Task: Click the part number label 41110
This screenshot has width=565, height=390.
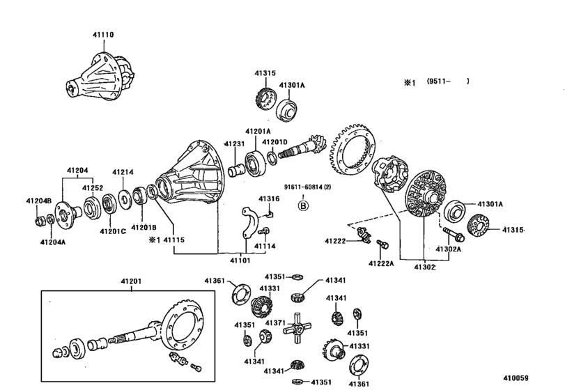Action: (x=103, y=35)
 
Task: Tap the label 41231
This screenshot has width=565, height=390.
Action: (x=235, y=143)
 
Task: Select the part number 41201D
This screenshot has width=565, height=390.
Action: (x=275, y=142)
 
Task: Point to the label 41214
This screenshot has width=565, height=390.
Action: (x=123, y=172)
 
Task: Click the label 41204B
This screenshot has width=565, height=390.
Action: (x=38, y=201)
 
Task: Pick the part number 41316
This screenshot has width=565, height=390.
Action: (x=269, y=198)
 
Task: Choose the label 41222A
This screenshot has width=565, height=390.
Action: (x=381, y=264)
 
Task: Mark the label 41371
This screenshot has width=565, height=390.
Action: (x=275, y=323)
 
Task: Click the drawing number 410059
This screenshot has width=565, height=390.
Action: (x=516, y=378)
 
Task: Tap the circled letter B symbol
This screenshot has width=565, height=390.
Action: (x=303, y=205)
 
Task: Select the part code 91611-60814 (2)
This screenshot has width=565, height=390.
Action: (x=307, y=187)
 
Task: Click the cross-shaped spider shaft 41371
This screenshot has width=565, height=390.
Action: (x=297, y=328)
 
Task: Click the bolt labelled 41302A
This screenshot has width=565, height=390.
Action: (x=454, y=234)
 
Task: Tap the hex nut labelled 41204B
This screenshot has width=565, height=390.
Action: (x=40, y=220)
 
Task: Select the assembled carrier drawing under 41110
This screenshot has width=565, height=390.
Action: (x=100, y=77)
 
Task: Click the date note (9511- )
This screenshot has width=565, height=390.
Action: (x=448, y=81)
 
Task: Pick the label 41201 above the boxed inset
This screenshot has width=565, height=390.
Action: (x=131, y=281)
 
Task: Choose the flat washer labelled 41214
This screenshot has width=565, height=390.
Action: (x=125, y=199)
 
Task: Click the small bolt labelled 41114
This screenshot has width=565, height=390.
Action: (x=265, y=231)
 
